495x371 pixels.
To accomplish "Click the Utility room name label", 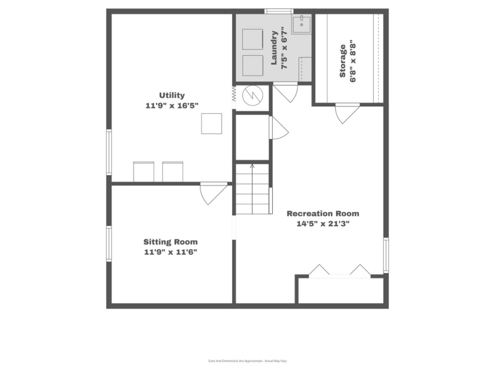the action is click(172, 95).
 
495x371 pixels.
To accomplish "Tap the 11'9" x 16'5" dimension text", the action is click(172, 106).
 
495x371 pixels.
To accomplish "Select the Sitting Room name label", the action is click(171, 242).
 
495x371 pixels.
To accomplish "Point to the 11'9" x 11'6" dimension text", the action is click(171, 252).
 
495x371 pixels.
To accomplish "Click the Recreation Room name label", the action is click(323, 214).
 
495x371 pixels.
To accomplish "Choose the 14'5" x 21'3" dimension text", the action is click(323, 224).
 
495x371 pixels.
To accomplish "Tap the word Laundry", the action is click(274, 48).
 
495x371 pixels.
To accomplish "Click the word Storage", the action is click(342, 61).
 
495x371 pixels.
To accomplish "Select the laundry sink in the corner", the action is click(302, 24).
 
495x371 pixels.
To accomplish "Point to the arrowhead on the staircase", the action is click(252, 166).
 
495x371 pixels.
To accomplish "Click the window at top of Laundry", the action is click(279, 11).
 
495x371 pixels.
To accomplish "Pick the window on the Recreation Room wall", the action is click(386, 255).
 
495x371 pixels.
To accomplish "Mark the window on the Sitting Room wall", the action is click(109, 244).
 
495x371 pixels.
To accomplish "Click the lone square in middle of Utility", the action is click(211, 123).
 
